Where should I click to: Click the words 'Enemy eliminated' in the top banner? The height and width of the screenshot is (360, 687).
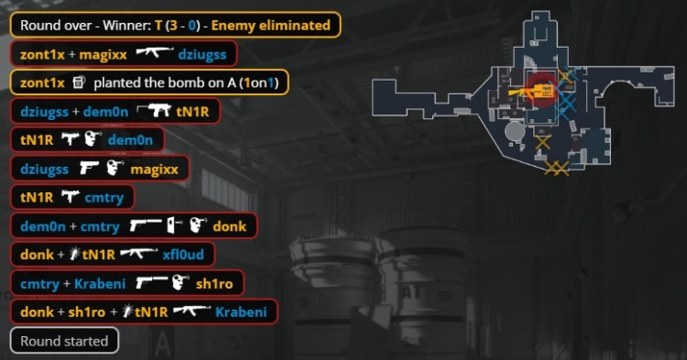271,26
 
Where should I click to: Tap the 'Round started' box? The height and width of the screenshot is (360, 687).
64,340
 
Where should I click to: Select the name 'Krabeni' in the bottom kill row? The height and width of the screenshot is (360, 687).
241,311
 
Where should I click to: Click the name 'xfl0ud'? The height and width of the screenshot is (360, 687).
183,255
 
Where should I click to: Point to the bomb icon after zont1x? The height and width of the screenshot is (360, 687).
79,82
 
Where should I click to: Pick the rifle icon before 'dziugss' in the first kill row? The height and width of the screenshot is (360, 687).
155,53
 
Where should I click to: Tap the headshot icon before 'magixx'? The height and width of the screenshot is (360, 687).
115,169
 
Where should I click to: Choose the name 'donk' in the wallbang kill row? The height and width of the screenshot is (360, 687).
230,226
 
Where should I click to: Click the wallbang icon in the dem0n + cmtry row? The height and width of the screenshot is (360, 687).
175,225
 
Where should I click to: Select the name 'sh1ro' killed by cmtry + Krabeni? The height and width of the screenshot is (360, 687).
214,283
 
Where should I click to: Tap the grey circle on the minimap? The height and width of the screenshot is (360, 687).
515,130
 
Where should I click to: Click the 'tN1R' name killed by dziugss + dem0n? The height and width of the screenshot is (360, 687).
192,112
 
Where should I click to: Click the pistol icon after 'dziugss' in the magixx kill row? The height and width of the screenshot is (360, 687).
89,169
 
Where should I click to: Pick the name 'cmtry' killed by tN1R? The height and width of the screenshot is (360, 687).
104,198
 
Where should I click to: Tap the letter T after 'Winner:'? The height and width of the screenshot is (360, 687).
158,26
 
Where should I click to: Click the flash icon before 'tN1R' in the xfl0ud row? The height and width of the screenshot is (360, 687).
76,254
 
